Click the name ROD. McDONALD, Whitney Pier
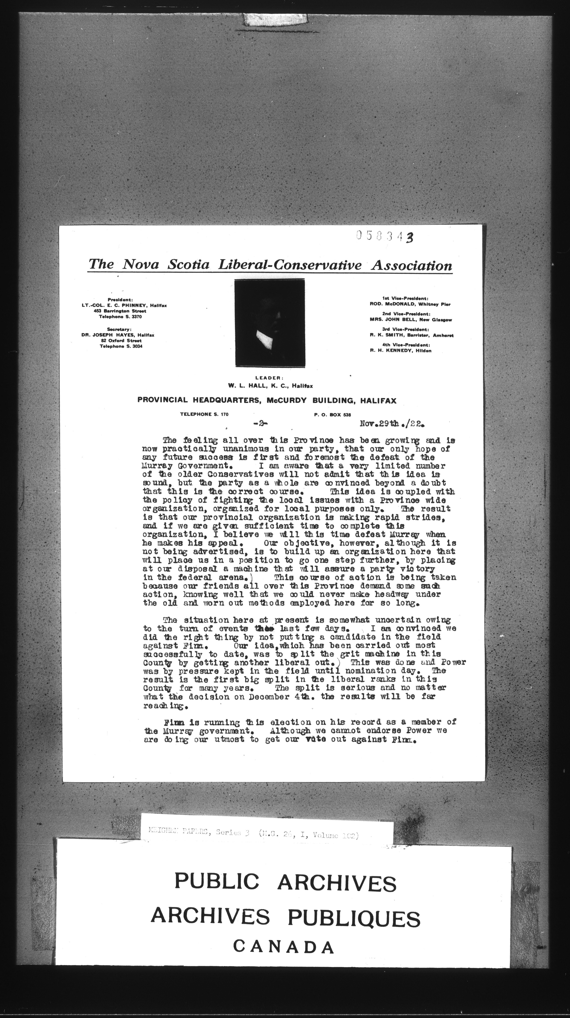pos(410,304)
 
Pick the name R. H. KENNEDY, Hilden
pos(401,351)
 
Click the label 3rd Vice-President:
pos(405,329)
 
